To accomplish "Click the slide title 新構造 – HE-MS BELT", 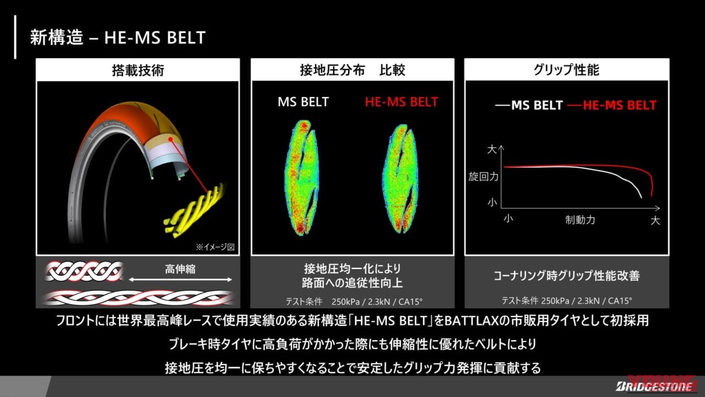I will [118, 37].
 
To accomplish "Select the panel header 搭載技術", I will [138, 70].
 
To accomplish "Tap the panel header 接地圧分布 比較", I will [352, 70].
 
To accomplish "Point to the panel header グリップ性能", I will [567, 70].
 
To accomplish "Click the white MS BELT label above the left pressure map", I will [303, 102].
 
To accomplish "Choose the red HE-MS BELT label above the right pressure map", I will [401, 102].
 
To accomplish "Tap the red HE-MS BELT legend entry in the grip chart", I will [612, 105].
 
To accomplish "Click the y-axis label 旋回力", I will [483, 178].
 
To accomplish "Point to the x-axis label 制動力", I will [580, 220].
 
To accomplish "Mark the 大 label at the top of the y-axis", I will [492, 149].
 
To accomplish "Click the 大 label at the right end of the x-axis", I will [655, 221].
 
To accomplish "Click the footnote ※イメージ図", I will [215, 247].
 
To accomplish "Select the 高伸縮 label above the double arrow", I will [180, 269].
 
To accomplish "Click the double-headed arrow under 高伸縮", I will [180, 280].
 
